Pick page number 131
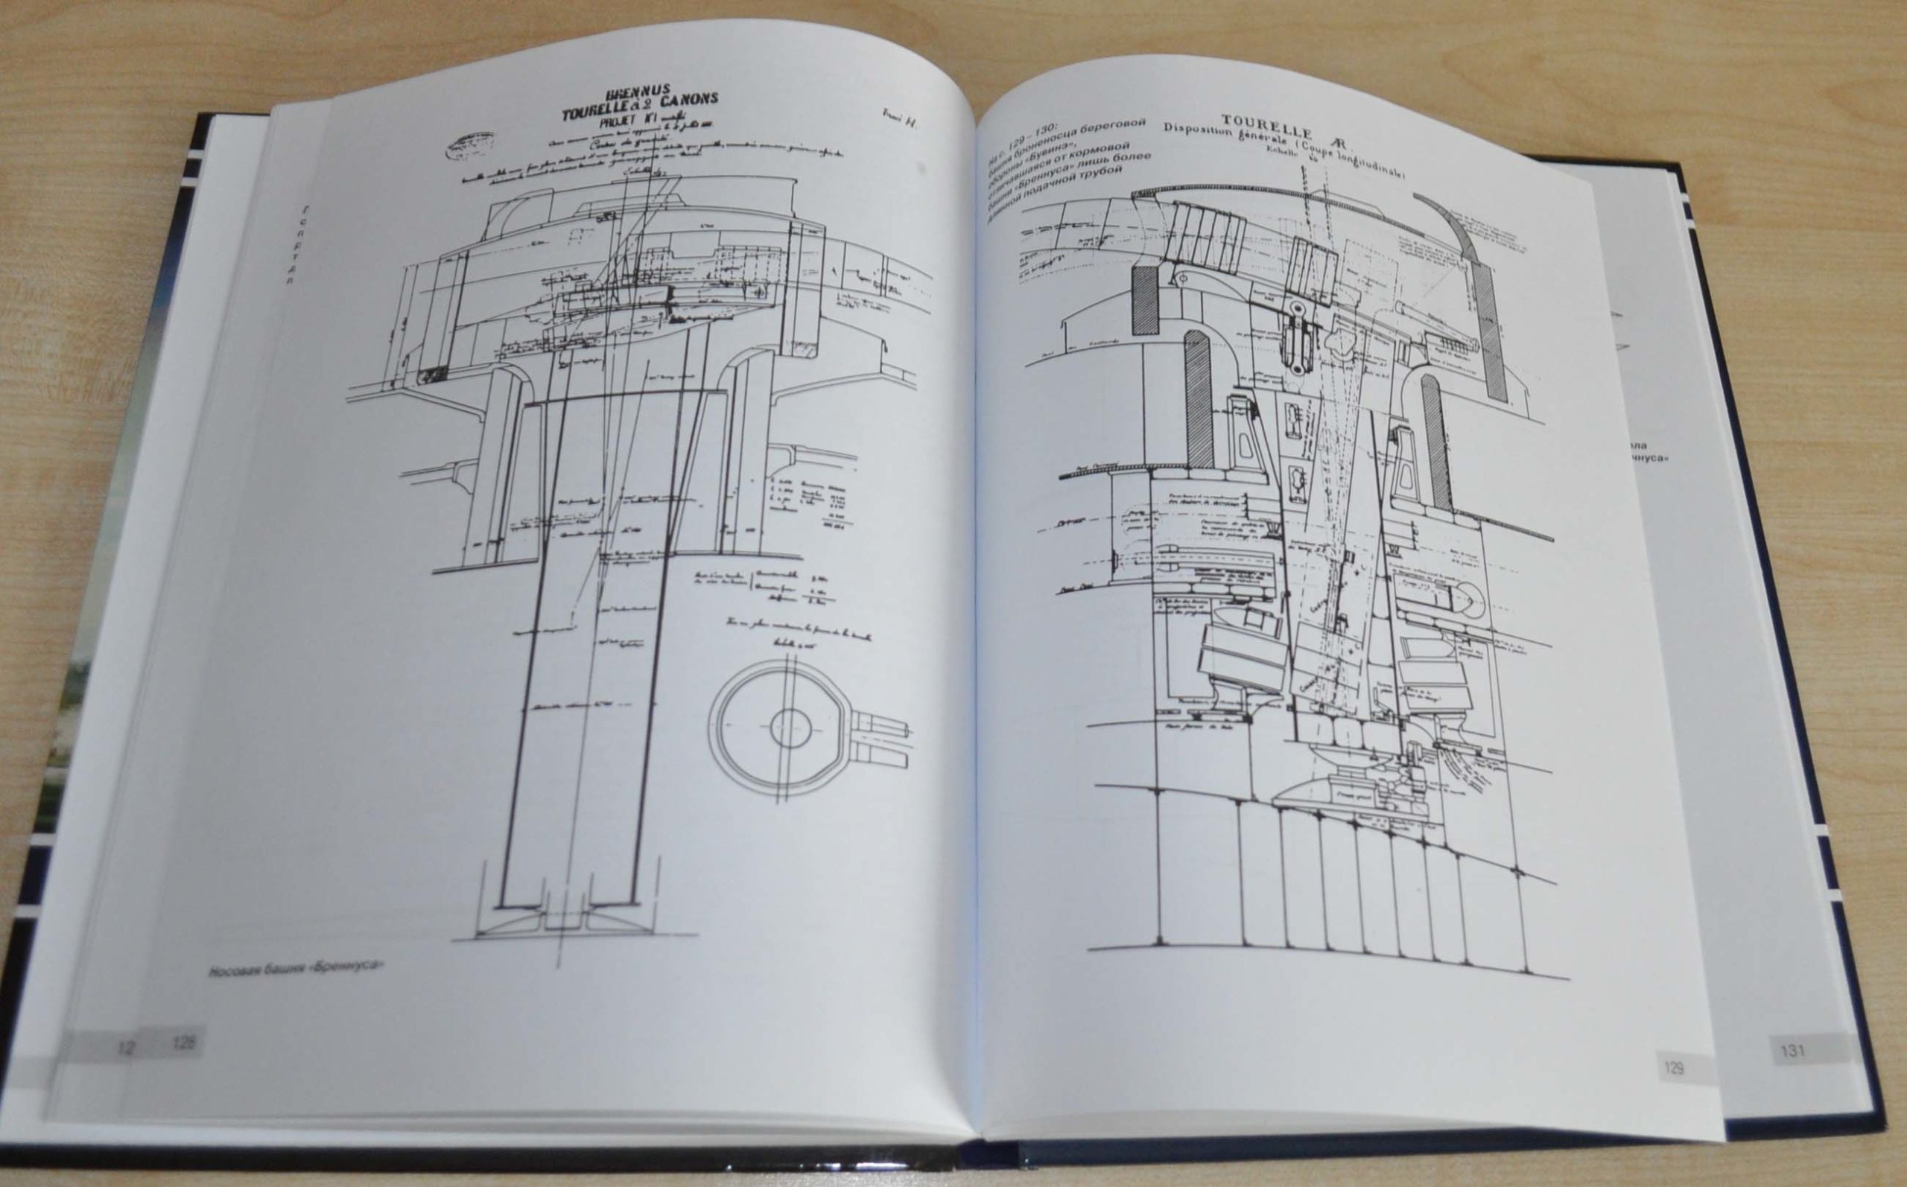(x=1793, y=1051)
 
